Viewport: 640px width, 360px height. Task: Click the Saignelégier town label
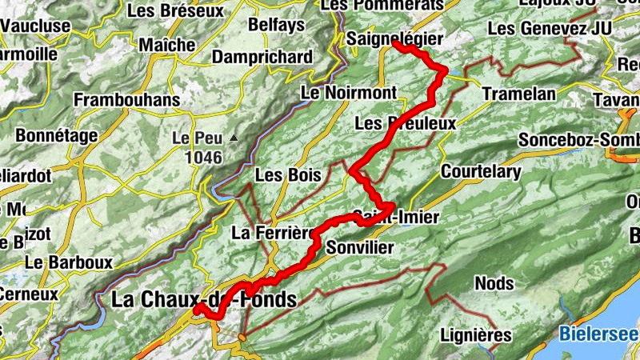tap(395, 38)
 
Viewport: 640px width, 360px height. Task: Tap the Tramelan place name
tap(519, 94)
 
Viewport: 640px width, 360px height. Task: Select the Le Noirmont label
tap(348, 94)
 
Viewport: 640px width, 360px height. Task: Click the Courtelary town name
tap(481, 171)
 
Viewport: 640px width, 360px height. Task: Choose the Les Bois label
tap(288, 174)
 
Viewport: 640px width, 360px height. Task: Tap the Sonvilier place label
tap(361, 247)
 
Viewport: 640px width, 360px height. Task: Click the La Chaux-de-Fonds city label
tap(204, 300)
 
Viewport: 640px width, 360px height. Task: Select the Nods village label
tap(494, 283)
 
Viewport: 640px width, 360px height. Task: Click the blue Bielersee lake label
tap(598, 334)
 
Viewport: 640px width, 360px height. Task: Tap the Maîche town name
tap(166, 44)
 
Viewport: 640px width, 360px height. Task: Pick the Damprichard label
tap(262, 58)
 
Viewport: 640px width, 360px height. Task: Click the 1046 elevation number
tap(202, 158)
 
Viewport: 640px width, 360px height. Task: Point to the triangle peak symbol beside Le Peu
tap(233, 138)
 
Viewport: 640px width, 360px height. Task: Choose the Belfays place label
tap(277, 26)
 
